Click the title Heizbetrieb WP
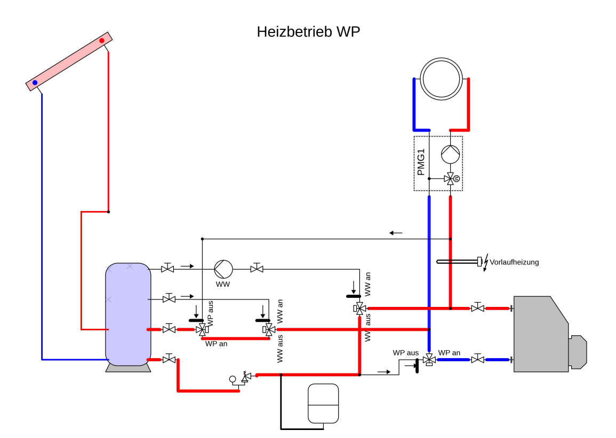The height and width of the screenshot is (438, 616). (308, 32)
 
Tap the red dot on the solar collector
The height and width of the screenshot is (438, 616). (102, 40)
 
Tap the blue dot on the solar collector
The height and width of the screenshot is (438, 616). (35, 83)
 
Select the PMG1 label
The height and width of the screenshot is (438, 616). (421, 163)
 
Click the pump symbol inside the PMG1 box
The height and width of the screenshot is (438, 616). (450, 155)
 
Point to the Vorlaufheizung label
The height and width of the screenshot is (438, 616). (514, 262)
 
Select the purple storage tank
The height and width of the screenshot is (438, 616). (128, 314)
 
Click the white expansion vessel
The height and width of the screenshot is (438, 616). (323, 403)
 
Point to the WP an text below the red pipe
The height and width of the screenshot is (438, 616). (217, 344)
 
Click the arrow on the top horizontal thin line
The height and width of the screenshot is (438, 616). (396, 233)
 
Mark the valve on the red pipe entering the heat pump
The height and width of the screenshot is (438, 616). (478, 308)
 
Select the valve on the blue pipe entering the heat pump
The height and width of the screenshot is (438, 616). (478, 360)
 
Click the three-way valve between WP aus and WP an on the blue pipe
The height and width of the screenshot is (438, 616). (429, 360)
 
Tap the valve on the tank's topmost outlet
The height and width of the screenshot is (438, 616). (167, 269)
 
